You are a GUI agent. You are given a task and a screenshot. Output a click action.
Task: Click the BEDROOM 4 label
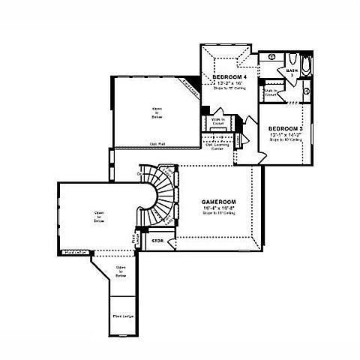click(x=229, y=76)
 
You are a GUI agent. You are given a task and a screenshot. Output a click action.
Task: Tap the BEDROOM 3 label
click(x=285, y=128)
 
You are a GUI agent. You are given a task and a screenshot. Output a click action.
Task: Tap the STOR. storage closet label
click(x=158, y=241)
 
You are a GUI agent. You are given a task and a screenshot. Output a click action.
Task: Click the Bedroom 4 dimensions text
click(x=229, y=82)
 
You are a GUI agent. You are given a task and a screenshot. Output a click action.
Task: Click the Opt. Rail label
click(x=157, y=142)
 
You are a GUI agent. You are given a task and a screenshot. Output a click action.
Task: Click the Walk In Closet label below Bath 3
click(x=271, y=94)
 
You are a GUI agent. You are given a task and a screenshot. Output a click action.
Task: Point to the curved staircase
click(x=159, y=196)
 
